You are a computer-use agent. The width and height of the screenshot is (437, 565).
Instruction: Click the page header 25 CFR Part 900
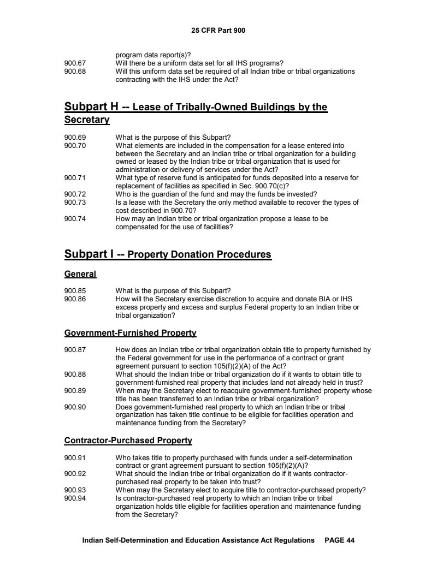218,31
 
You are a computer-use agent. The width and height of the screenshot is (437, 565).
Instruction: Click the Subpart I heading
168,254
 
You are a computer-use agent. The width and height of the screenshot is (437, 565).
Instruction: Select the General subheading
80,274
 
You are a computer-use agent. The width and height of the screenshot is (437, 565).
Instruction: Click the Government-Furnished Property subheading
130,332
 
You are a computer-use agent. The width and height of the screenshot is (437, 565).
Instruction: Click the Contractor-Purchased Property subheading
128,440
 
